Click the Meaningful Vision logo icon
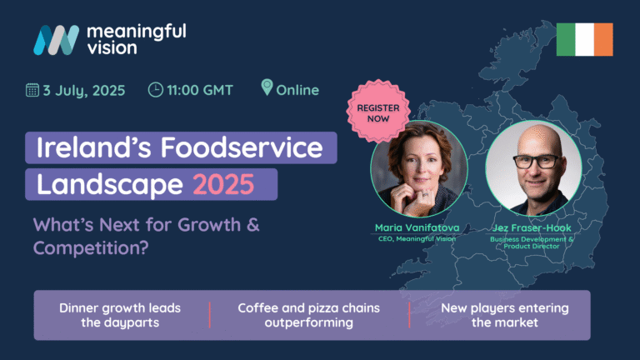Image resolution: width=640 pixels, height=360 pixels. (57, 40)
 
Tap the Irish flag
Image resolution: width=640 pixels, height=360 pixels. (584, 39)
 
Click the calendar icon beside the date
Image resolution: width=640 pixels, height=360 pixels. (32, 90)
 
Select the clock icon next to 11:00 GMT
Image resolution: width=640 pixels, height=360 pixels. (156, 90)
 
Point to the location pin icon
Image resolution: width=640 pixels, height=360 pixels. (267, 87)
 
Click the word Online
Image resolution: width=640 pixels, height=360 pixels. (297, 90)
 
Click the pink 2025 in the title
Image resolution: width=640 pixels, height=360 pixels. (223, 184)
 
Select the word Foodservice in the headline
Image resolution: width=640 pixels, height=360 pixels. (242, 147)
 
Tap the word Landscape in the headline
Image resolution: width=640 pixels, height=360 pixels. (110, 185)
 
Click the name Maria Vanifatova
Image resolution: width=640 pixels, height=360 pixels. (417, 227)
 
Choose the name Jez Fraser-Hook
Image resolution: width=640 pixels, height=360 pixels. (532, 227)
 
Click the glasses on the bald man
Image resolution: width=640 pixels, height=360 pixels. (536, 162)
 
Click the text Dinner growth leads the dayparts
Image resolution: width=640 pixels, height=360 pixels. (120, 315)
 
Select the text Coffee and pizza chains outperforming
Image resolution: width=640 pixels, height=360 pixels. (308, 315)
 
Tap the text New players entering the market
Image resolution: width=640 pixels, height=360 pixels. (505, 315)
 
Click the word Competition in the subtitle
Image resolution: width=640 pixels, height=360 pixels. (91, 248)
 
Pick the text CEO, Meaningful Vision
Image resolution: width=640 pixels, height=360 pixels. (417, 239)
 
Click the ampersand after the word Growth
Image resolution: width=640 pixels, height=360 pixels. (253, 225)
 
